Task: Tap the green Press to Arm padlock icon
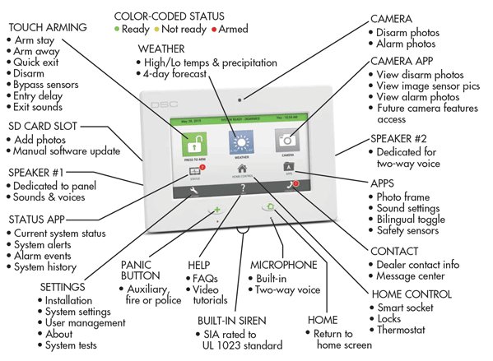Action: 191,143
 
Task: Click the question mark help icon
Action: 243,190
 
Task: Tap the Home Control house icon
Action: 243,170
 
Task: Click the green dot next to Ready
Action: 118,29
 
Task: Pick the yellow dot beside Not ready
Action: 157,29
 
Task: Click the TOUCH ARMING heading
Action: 46,27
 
